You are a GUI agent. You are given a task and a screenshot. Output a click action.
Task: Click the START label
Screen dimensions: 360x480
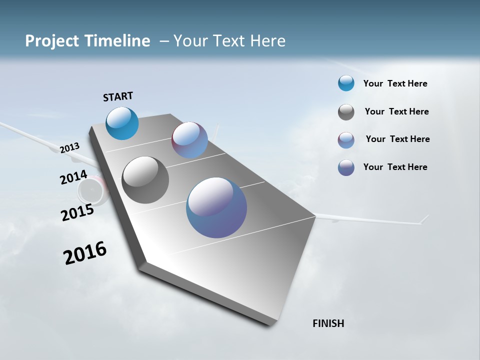tap(118, 96)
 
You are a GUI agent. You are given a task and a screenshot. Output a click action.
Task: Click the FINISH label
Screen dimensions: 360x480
tap(328, 323)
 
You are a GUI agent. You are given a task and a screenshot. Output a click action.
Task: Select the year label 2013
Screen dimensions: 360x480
tap(69, 147)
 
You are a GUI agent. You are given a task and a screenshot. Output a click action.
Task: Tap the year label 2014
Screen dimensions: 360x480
tap(73, 177)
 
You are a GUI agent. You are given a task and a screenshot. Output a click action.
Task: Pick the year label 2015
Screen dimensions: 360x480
tap(77, 212)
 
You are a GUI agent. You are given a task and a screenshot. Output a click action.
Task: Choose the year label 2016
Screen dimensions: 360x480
tap(85, 253)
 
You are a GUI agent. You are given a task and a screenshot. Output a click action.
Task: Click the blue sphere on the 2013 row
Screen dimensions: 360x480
tap(122, 123)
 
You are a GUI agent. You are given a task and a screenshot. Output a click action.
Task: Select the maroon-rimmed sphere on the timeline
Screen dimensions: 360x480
tap(189, 140)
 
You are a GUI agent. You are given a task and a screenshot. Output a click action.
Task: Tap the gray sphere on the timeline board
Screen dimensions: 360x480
tap(145, 180)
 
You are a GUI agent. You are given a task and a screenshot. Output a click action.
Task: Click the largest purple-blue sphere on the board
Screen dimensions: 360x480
tap(216, 207)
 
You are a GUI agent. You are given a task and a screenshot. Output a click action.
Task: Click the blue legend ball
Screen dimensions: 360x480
tap(346, 83)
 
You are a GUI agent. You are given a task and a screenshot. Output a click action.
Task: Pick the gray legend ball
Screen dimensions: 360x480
tap(346, 112)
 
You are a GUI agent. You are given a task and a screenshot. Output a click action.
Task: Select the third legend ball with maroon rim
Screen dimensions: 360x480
tap(346, 140)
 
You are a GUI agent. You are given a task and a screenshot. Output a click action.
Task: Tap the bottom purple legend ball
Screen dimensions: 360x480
tap(346, 167)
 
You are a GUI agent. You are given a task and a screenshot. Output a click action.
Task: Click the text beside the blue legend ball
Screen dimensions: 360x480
tap(395, 83)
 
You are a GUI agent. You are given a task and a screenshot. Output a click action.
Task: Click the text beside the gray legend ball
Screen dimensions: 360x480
tap(396, 111)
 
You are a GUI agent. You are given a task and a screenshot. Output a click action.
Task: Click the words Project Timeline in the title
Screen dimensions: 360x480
tap(87, 41)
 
